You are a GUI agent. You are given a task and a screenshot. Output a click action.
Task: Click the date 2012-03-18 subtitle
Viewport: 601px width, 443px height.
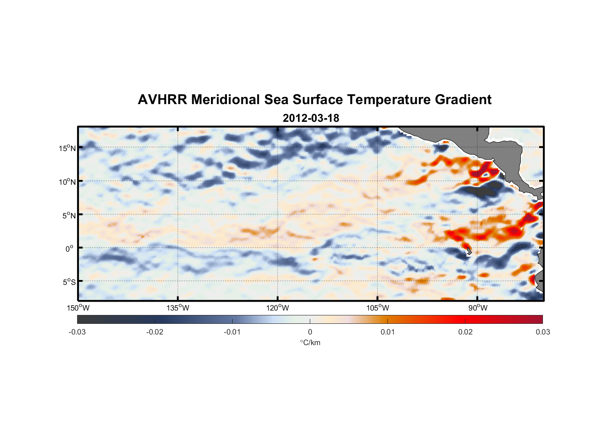click(x=311, y=118)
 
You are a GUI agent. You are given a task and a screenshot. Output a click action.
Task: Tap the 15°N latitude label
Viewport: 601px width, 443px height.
click(x=67, y=148)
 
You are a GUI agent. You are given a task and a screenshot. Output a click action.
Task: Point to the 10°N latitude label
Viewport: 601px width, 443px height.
click(x=67, y=182)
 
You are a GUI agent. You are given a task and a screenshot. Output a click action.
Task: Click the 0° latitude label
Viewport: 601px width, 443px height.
click(x=70, y=249)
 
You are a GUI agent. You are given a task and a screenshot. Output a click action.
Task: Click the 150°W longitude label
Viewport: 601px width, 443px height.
click(x=78, y=308)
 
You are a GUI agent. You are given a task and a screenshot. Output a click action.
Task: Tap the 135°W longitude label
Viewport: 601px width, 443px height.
click(x=178, y=308)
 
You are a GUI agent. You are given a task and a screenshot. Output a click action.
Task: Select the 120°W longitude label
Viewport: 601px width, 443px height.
click(x=278, y=308)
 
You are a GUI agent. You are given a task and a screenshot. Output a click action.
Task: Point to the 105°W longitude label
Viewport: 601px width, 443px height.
click(x=378, y=308)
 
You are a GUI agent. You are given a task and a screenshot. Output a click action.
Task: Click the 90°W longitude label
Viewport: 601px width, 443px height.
click(x=478, y=308)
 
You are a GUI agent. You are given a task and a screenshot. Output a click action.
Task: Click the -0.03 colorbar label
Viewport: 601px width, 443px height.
click(x=77, y=332)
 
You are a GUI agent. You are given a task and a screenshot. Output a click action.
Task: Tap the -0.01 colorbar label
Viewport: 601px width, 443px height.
click(x=232, y=332)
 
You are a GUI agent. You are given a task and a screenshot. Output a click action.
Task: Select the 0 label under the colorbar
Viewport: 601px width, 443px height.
click(x=310, y=332)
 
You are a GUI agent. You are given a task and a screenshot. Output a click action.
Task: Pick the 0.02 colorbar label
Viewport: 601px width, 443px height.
click(x=465, y=332)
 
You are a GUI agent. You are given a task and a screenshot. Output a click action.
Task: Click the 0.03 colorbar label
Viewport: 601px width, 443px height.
click(x=542, y=332)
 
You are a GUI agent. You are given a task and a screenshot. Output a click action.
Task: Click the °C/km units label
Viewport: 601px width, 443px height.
click(x=310, y=342)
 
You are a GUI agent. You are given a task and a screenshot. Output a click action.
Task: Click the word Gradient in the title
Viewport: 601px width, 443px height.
click(x=463, y=100)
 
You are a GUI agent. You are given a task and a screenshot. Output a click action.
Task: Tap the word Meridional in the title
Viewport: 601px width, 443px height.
click(x=226, y=100)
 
